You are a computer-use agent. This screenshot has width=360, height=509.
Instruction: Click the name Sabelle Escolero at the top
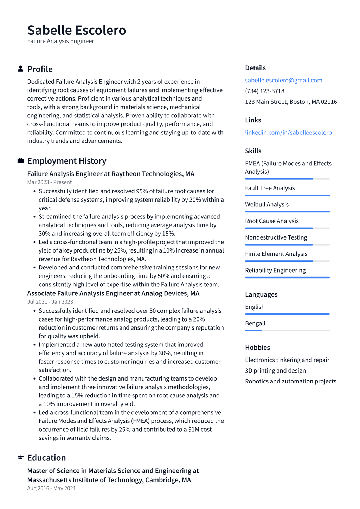pos(77,30)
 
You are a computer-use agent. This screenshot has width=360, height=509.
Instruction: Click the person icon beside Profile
pos(21,69)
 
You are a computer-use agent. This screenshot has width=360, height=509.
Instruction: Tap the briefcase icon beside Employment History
pos(21,161)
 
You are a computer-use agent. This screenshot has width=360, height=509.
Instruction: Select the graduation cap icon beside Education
pos(21,458)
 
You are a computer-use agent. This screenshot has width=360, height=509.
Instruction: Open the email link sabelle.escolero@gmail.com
pos(283,80)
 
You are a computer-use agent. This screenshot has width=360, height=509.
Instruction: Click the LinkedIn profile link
pos(288,133)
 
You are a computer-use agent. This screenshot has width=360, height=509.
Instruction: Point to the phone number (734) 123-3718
pos(265,91)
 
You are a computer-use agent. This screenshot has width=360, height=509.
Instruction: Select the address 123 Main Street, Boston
pos(291,102)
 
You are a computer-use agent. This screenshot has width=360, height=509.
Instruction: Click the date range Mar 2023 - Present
pos(50,182)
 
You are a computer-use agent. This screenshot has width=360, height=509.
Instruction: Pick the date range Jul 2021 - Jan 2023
pos(50,302)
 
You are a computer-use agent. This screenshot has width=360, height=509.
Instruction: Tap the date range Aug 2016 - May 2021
pos(52,488)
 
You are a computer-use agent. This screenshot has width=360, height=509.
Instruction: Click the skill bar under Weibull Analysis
pos(287,212)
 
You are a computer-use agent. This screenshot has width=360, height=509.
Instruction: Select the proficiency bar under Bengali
pos(287,331)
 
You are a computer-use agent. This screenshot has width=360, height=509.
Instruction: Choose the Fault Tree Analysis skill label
pos(270,188)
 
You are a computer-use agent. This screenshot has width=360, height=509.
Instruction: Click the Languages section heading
pos(261,294)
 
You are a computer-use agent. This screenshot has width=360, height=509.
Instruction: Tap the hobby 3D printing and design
pos(275,371)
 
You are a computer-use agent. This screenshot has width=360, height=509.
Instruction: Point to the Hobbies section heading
pos(257,348)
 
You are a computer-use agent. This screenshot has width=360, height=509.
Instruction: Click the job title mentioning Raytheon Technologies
pos(111,174)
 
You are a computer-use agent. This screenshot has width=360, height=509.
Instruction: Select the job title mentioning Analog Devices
pos(113,293)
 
